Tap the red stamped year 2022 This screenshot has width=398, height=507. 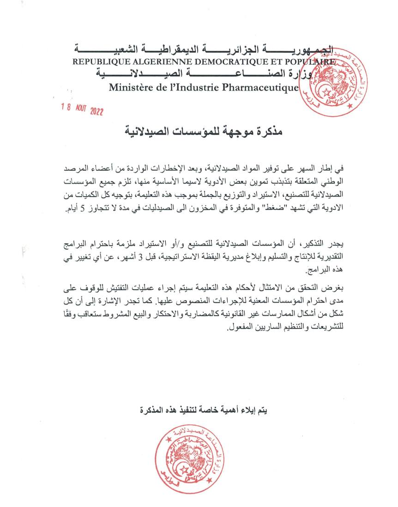97,112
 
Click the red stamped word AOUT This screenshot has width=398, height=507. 81,110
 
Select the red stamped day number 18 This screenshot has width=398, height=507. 67,107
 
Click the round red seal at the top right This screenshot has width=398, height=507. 345,81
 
